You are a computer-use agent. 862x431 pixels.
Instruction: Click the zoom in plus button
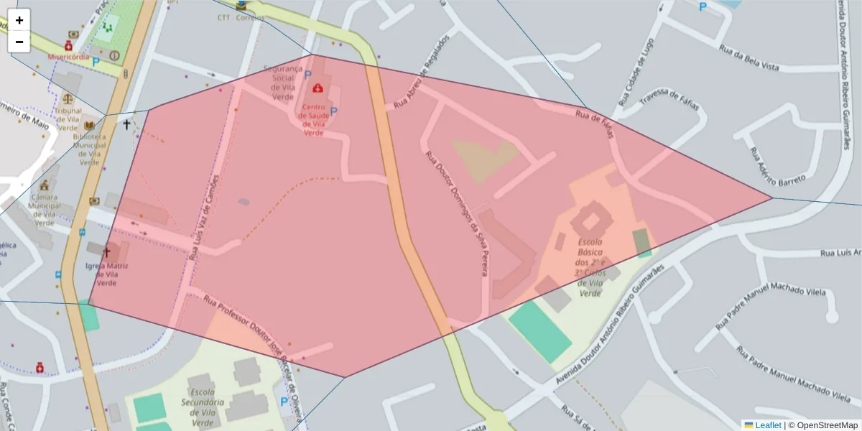[19, 20]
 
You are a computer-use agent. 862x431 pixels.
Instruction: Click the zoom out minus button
[19, 42]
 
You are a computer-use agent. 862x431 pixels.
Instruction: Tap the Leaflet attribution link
[768, 425]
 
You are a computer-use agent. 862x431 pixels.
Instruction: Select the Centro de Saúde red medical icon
[317, 88]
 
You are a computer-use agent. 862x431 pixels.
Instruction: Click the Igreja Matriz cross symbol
[108, 252]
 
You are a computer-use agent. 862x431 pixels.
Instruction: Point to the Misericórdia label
[69, 57]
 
